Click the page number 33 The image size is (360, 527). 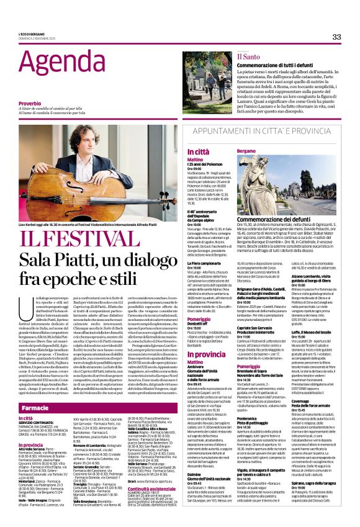click(336, 37)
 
